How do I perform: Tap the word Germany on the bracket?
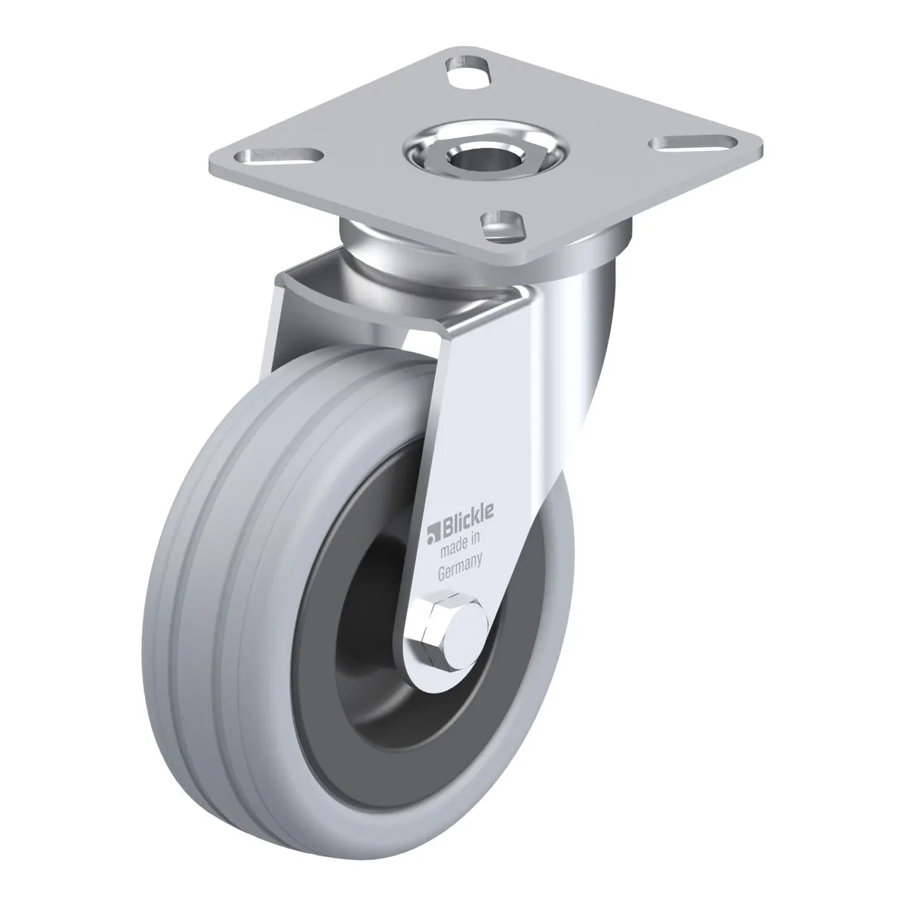click(x=460, y=568)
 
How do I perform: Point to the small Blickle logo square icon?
click(x=432, y=536)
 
